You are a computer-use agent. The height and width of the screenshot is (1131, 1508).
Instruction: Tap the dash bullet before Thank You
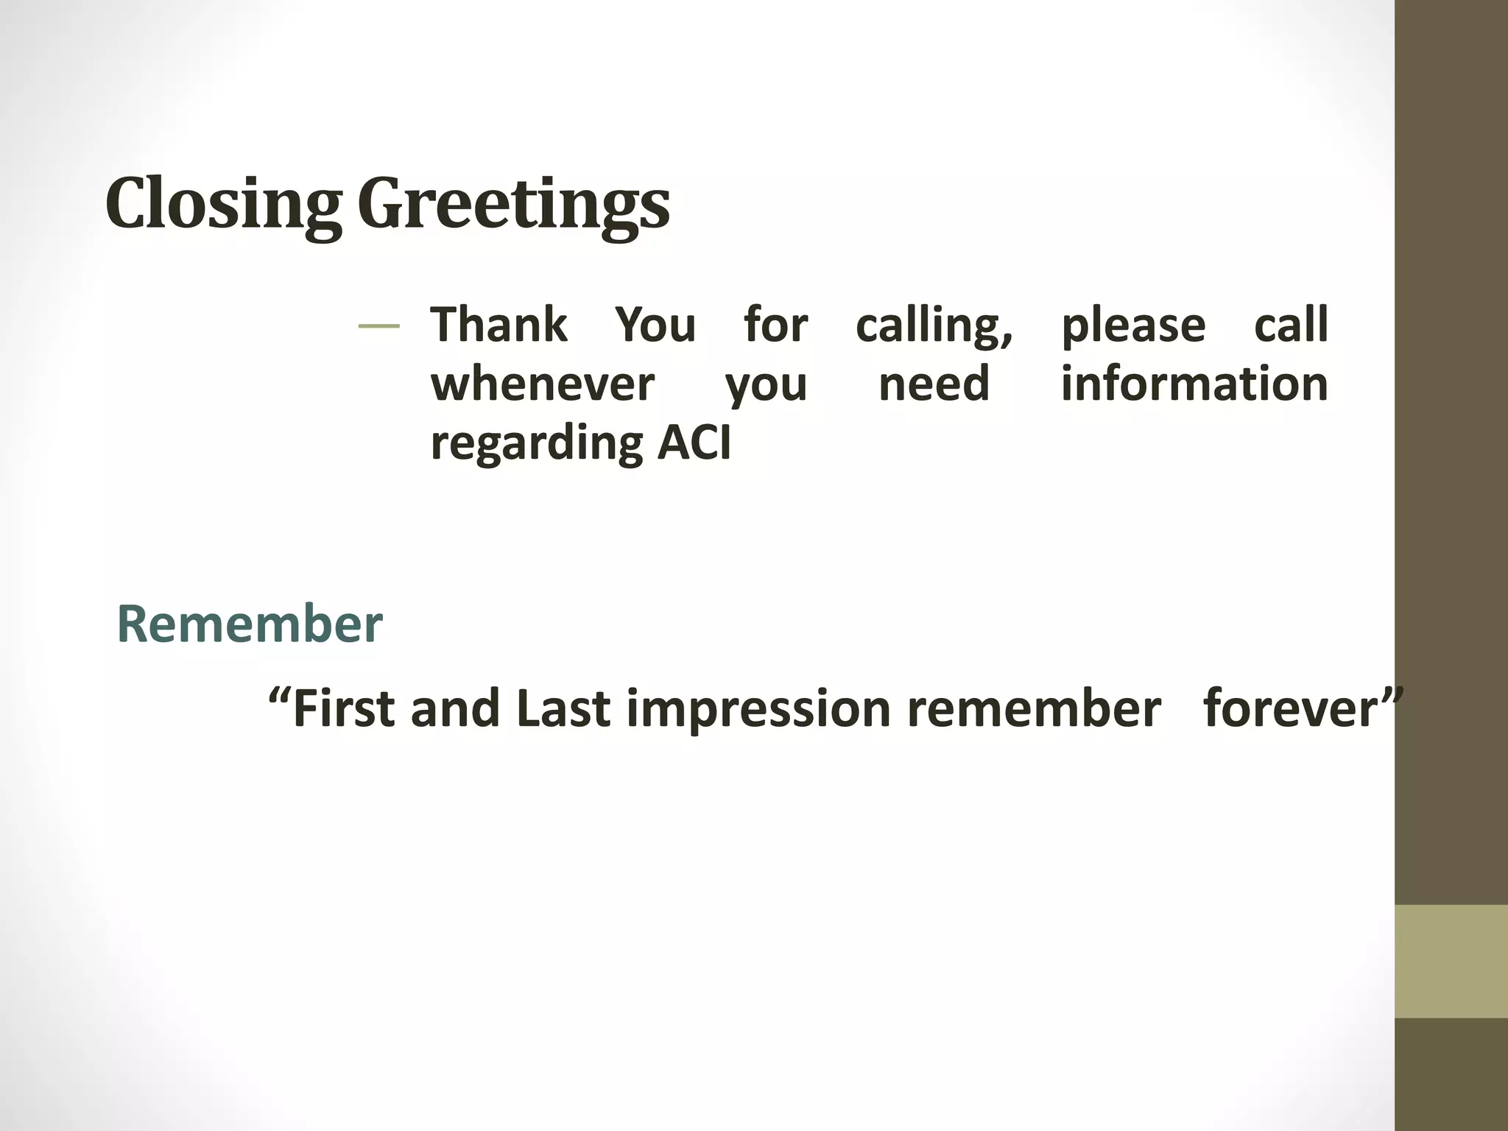[x=378, y=326]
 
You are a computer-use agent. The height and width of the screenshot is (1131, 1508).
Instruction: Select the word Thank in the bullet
[x=498, y=325]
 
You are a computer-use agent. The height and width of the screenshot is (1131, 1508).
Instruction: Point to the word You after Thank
[x=655, y=325]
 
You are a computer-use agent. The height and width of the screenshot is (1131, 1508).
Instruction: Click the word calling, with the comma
[x=934, y=326]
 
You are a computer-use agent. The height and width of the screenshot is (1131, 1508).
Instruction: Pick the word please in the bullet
[x=1132, y=326]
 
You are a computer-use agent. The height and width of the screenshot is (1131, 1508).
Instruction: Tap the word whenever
[x=543, y=384]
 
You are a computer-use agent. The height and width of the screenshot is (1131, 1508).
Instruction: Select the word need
[x=934, y=384]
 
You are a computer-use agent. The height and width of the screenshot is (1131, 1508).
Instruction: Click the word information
[x=1194, y=384]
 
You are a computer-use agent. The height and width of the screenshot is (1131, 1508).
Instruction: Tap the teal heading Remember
[x=250, y=624]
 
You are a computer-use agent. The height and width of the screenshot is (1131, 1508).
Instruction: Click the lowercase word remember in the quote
[x=1033, y=708]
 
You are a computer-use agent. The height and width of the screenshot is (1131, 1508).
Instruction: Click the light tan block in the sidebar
[x=1451, y=962]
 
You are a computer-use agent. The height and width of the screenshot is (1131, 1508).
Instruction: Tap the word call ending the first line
[x=1291, y=325]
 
